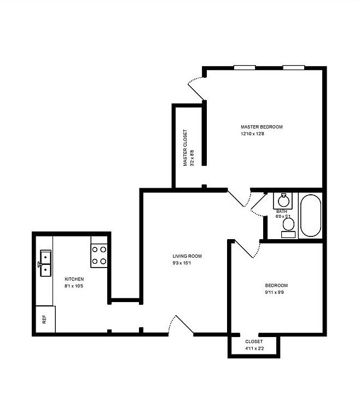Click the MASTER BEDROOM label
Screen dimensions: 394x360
(262, 127)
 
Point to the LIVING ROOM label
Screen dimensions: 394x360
(187, 256)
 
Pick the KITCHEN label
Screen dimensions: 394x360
(74, 279)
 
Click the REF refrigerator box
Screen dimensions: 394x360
(44, 320)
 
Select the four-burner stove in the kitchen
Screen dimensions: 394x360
(99, 255)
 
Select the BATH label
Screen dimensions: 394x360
(282, 211)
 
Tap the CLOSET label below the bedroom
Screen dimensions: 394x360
(254, 341)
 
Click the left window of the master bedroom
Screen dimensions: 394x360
(244, 67)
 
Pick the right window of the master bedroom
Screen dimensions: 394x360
(293, 67)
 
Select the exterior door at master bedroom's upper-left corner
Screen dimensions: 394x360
(196, 88)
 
